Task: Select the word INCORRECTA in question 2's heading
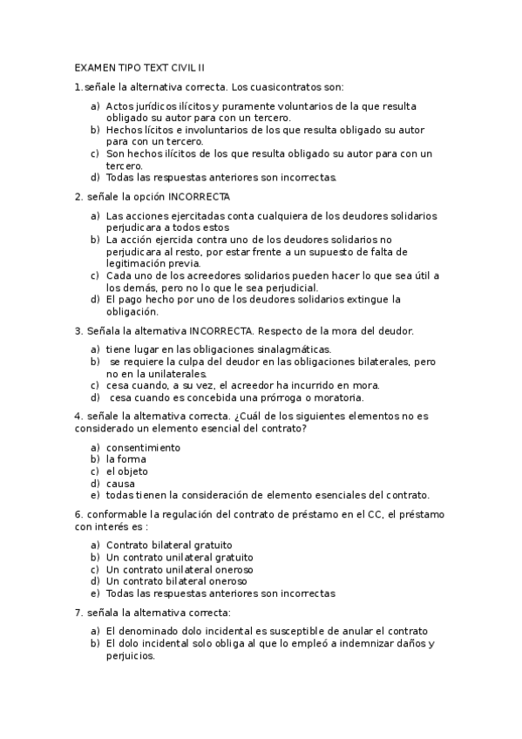200,196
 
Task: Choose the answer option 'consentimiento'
144,447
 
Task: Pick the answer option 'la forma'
126,459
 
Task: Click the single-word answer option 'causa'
121,483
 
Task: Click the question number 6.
78,514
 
